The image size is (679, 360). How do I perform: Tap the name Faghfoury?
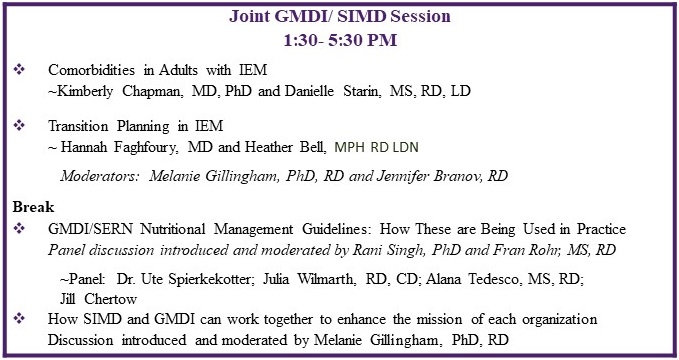pos(146,147)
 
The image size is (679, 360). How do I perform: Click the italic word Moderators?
pos(99,175)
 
